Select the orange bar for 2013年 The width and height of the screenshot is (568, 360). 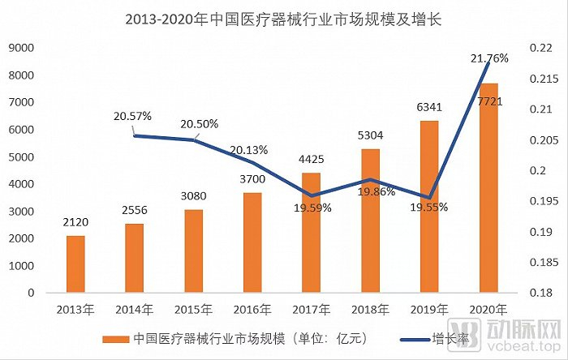[x=75, y=264]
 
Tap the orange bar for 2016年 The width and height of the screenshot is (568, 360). [x=252, y=242]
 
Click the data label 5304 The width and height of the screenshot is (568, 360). [x=370, y=134]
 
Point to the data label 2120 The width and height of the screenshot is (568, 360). [x=75, y=221]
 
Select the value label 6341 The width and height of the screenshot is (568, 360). [x=429, y=105]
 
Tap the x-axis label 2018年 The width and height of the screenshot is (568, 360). [x=370, y=309]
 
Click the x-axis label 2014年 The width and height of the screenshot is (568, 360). [x=134, y=309]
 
